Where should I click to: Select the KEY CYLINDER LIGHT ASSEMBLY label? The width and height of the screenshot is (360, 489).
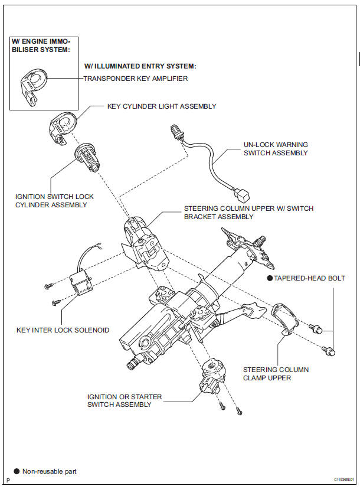(x=161, y=106)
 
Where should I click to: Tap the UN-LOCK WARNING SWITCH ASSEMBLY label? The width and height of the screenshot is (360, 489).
(x=276, y=148)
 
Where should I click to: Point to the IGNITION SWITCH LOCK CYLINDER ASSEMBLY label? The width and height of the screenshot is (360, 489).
(x=52, y=200)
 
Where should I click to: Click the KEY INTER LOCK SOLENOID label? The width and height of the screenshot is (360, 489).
(x=63, y=330)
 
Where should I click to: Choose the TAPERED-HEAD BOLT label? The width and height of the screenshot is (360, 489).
(x=309, y=278)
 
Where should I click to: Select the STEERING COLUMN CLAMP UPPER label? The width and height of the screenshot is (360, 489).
(x=276, y=373)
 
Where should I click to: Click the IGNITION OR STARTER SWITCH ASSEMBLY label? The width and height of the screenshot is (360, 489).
(x=124, y=400)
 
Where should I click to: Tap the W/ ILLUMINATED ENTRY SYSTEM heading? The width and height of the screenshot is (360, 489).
(x=140, y=66)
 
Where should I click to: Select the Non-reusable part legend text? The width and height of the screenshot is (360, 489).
(x=49, y=471)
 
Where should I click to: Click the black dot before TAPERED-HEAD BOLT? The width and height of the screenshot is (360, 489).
(x=269, y=278)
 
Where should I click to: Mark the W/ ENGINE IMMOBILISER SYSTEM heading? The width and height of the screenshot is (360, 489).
(x=40, y=45)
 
